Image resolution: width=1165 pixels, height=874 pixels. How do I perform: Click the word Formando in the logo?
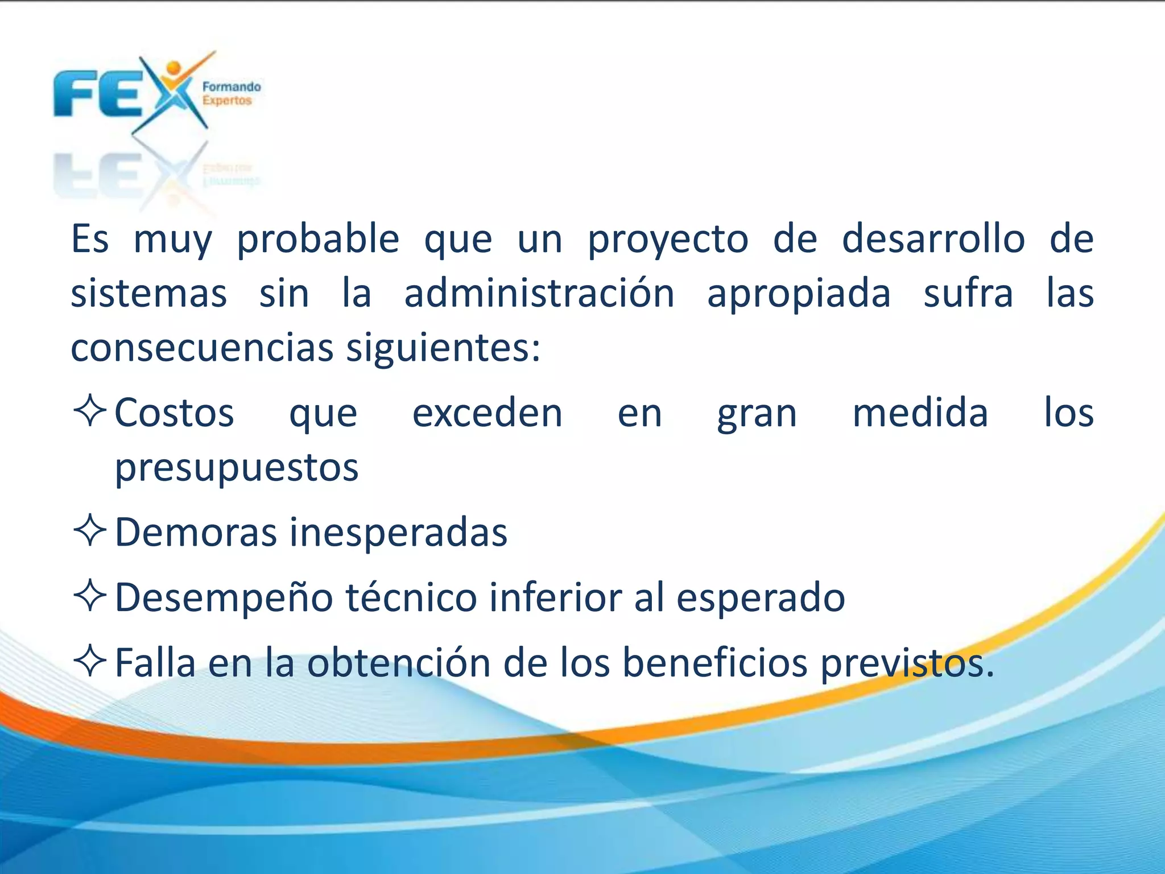coord(232,87)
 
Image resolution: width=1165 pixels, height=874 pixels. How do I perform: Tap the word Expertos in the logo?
coord(226,101)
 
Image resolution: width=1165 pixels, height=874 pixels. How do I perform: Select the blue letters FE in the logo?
coord(97,94)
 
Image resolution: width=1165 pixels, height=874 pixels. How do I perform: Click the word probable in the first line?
coord(317,239)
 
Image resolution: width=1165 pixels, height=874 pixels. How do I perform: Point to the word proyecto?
coord(668,240)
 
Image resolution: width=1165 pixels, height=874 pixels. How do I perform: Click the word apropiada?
coord(799,295)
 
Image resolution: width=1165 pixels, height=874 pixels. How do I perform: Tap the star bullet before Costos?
coord(90,410)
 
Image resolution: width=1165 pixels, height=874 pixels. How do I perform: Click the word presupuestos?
coord(237,468)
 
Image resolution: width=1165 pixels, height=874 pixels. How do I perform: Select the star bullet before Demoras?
coord(90,530)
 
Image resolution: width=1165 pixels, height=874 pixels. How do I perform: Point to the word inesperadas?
coord(398,533)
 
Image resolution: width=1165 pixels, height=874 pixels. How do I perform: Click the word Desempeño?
coord(224,597)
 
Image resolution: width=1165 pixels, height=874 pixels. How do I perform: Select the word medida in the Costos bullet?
coord(920,413)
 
